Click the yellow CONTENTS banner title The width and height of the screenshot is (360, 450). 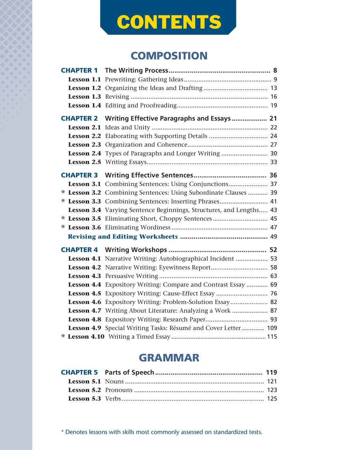click(169, 22)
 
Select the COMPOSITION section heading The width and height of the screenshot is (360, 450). click(169, 56)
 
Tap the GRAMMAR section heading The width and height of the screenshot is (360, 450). click(169, 358)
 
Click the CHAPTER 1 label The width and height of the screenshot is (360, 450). click(79, 70)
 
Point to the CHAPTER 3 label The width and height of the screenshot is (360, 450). click(79, 175)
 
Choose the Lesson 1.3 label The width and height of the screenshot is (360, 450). click(84, 97)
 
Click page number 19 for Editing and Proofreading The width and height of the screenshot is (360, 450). click(274, 106)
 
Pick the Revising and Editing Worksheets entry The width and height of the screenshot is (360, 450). click(123, 237)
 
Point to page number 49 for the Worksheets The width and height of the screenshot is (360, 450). click(274, 237)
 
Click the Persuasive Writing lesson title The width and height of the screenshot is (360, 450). click(131, 276)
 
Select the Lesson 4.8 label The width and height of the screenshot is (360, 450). click(84, 320)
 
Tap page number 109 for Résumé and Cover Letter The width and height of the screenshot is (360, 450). click(272, 328)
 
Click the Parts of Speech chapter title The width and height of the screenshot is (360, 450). click(129, 372)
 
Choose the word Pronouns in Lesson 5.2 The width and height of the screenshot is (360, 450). click(118, 390)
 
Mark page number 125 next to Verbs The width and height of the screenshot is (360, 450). click(272, 399)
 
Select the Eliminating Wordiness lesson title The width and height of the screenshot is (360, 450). click(138, 228)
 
